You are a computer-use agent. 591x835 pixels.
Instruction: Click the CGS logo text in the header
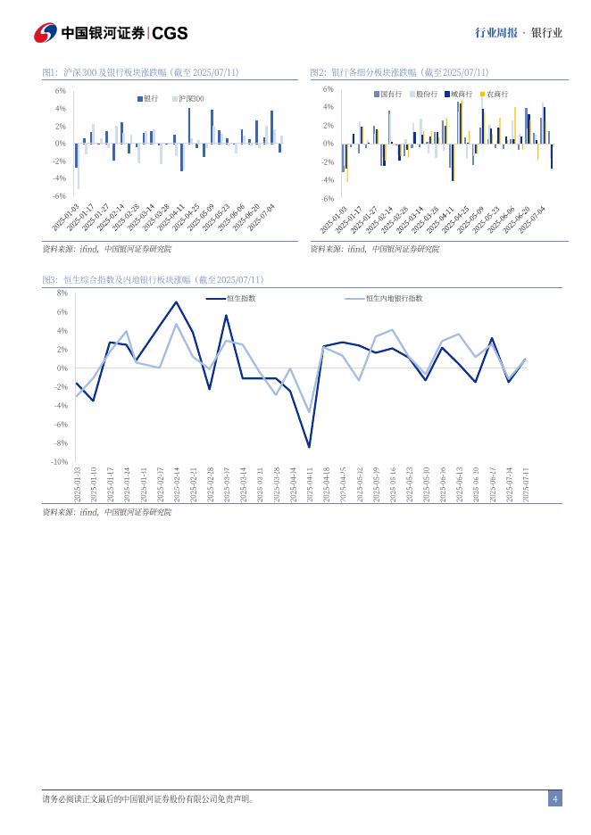point(170,33)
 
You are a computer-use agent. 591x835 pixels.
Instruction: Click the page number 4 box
point(554,798)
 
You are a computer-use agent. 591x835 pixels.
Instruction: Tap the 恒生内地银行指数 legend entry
point(394,299)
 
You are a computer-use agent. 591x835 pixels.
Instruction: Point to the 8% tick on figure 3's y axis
point(62,293)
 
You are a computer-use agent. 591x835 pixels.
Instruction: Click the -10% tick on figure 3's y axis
point(60,462)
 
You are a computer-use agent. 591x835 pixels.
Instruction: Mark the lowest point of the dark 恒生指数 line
point(310,447)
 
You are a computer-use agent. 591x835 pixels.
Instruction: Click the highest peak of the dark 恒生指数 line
point(176,302)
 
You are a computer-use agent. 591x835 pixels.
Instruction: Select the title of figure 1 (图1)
point(140,72)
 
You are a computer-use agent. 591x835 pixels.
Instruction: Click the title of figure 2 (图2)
point(399,72)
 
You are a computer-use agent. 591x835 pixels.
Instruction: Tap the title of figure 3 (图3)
point(153,280)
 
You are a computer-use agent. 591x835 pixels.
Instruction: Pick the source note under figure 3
point(106,513)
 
